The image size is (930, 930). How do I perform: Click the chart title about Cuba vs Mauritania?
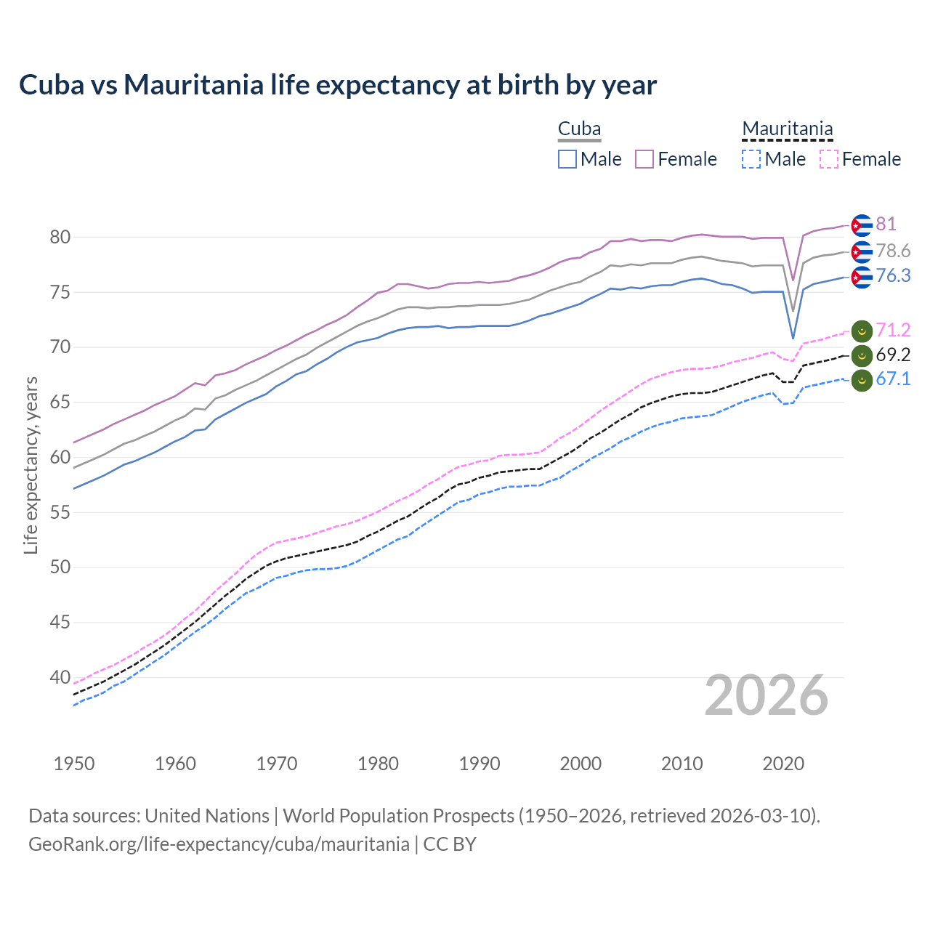(x=338, y=85)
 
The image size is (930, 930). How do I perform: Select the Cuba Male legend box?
(x=567, y=159)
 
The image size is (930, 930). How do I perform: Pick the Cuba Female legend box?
(x=644, y=159)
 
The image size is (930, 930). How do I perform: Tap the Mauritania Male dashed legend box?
(x=751, y=159)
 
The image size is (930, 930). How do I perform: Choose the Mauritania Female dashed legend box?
(x=829, y=159)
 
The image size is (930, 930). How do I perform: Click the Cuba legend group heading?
(x=579, y=129)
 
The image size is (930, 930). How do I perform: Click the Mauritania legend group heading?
(x=787, y=129)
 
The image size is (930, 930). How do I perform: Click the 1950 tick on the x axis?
(x=74, y=764)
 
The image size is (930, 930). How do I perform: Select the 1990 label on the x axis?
(x=480, y=764)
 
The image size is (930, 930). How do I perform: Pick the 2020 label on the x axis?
(x=783, y=764)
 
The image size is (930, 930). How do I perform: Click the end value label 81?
(x=886, y=225)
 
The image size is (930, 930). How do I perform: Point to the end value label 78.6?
(x=893, y=251)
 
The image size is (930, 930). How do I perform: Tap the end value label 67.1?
(x=893, y=379)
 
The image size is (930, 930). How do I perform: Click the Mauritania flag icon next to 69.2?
(x=862, y=355)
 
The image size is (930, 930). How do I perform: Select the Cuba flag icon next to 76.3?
(x=862, y=277)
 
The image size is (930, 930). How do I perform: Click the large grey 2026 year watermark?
(x=766, y=695)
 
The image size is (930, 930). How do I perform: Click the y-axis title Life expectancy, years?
(x=31, y=465)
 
